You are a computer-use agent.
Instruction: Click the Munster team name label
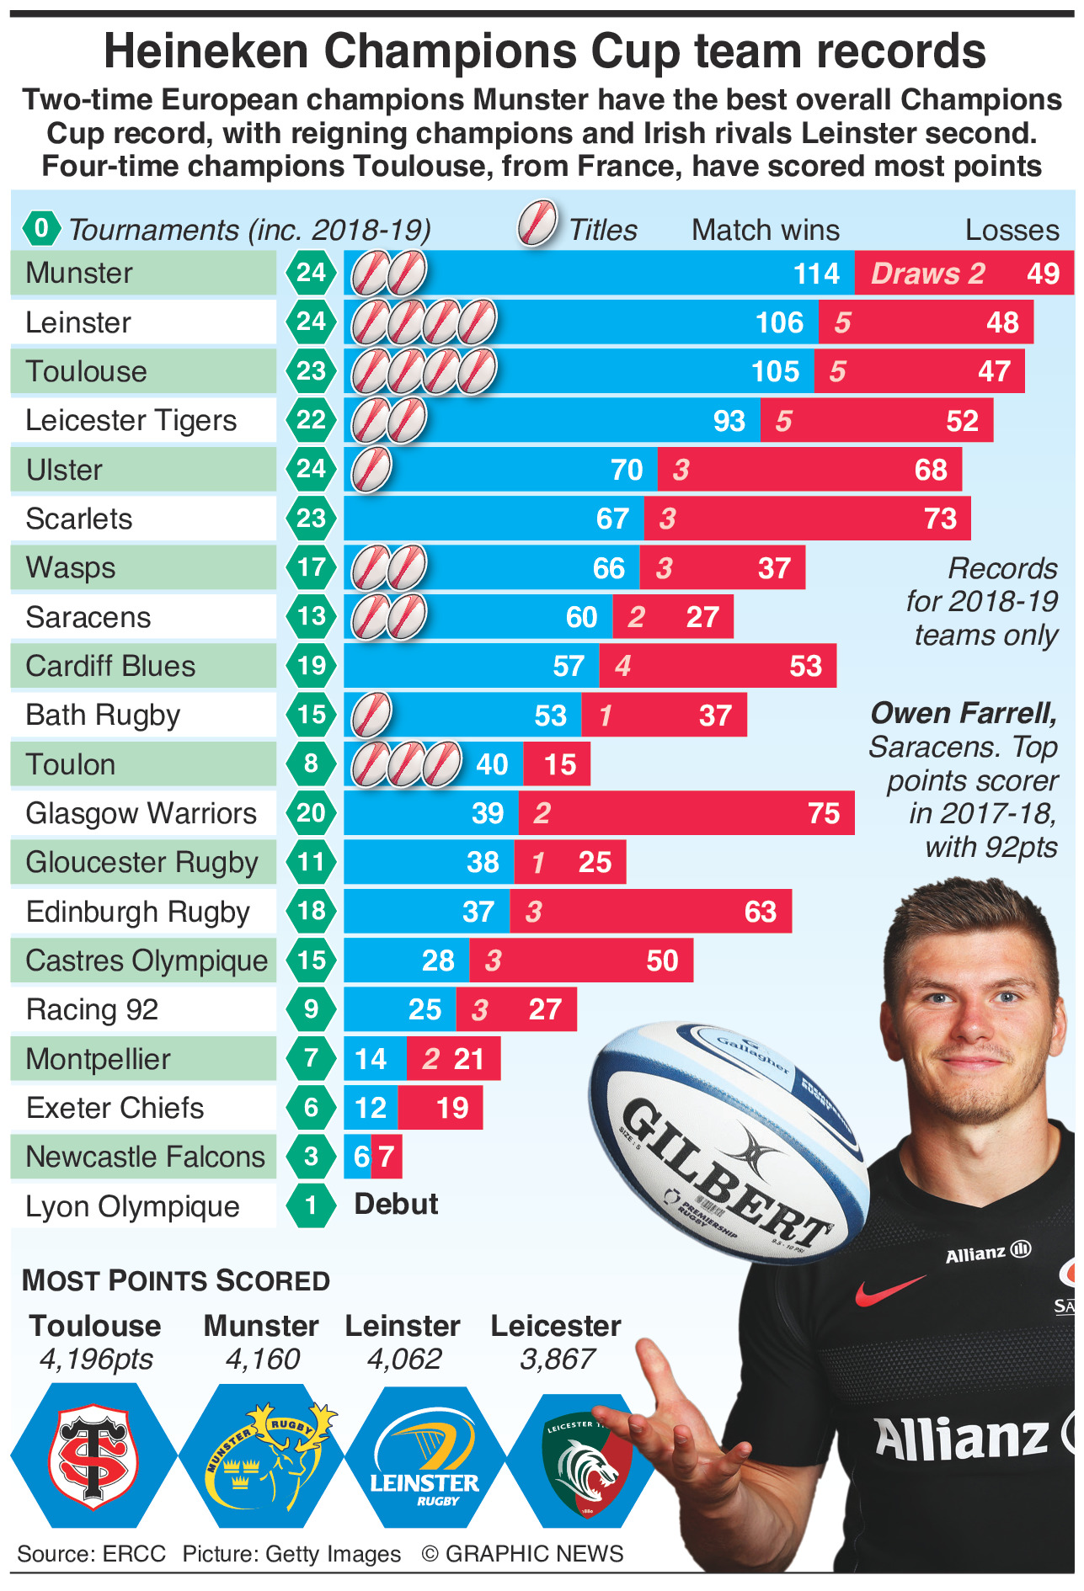[79, 273]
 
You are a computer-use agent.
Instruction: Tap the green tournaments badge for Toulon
[311, 764]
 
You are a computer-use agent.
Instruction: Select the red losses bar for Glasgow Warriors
[686, 813]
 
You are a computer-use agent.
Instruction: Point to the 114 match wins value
[816, 274]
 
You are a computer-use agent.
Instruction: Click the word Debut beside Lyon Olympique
[396, 1204]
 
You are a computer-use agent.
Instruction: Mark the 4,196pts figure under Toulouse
[96, 1359]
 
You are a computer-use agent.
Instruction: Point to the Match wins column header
[765, 230]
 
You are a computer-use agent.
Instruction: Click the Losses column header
[1012, 230]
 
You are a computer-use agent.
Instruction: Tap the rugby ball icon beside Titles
[537, 224]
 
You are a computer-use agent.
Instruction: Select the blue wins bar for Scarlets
[494, 519]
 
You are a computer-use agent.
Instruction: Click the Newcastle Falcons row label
[145, 1157]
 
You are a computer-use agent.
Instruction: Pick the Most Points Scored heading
[176, 1280]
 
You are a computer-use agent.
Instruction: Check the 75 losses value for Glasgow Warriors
[823, 813]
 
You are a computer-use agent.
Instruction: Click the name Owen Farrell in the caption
[963, 713]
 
